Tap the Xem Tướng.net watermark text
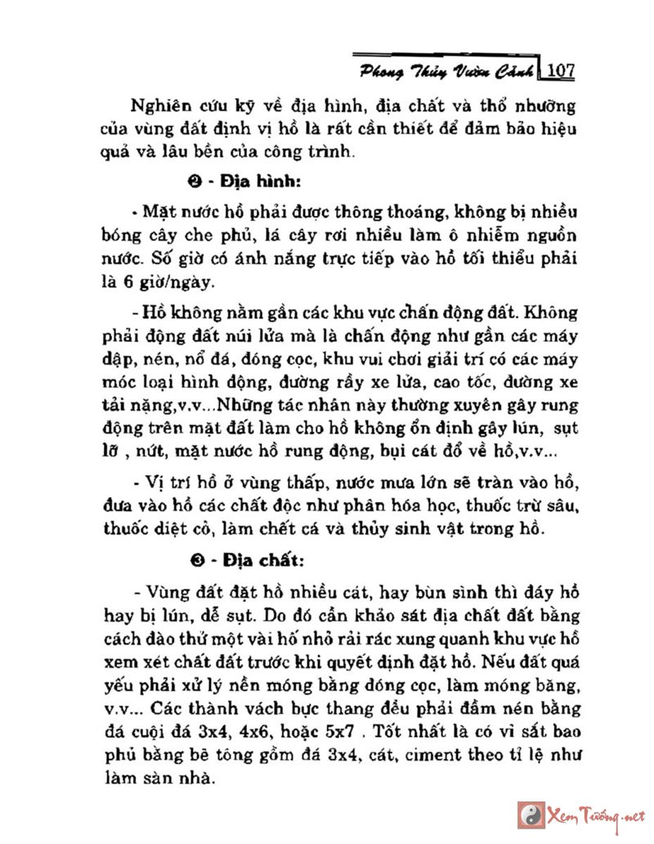[x=602, y=816]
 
